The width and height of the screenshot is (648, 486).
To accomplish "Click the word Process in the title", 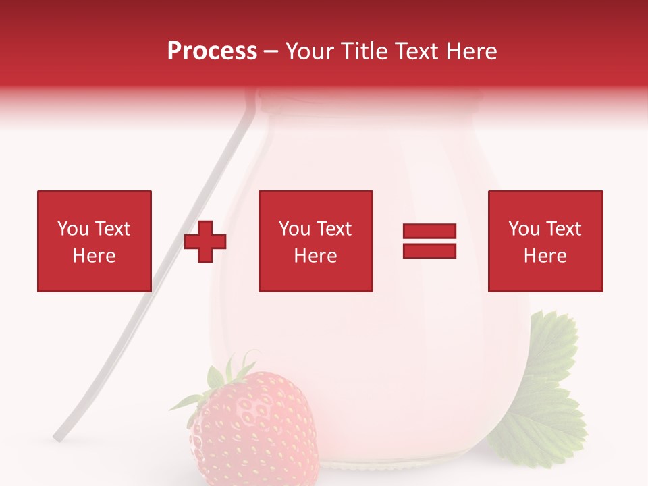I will pyautogui.click(x=212, y=51).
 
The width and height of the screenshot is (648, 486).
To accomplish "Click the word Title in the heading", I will pyautogui.click(x=364, y=51).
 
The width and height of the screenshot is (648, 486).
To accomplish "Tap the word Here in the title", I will pyautogui.click(x=470, y=51).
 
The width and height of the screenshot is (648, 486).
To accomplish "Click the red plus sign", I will pyautogui.click(x=205, y=242).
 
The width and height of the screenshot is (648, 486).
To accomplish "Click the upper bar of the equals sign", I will pyautogui.click(x=429, y=232).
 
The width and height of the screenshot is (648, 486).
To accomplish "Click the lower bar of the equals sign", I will pyautogui.click(x=429, y=251).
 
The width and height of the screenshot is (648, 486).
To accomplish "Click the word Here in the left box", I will pyautogui.click(x=94, y=256).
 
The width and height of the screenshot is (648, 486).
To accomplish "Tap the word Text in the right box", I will pyautogui.click(x=563, y=229).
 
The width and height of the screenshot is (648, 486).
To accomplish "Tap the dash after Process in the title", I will pyautogui.click(x=271, y=51).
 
